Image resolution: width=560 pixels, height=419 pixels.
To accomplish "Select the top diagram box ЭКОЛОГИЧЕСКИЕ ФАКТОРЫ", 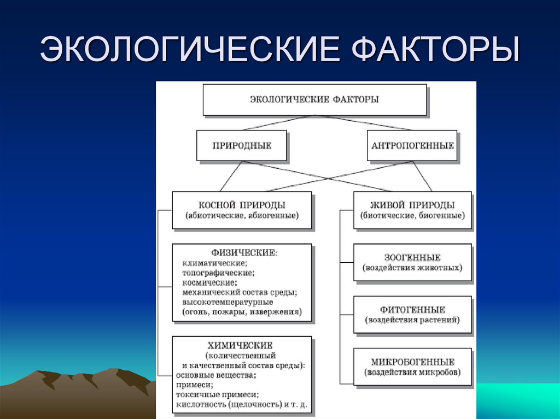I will click(x=314, y=100).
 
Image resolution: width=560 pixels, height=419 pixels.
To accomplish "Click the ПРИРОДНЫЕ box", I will click(x=241, y=146).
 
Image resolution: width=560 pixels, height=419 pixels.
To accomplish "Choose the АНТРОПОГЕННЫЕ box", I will click(x=412, y=146).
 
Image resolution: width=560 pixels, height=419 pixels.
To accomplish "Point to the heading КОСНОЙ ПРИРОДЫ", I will click(x=242, y=205).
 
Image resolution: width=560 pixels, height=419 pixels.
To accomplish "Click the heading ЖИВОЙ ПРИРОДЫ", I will click(x=412, y=205).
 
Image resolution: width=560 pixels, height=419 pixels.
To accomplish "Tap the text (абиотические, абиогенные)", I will click(x=242, y=216).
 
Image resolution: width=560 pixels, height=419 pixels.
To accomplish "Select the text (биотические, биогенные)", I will click(x=412, y=216).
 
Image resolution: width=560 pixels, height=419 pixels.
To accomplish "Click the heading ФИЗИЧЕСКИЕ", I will click(x=243, y=253).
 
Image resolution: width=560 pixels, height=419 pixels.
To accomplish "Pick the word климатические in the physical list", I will click(x=214, y=263).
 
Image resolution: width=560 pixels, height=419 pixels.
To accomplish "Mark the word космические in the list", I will click(x=210, y=282).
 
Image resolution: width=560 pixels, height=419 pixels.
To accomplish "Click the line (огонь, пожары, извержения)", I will click(x=241, y=312).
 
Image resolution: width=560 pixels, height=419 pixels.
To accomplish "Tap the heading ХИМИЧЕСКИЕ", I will click(x=241, y=345).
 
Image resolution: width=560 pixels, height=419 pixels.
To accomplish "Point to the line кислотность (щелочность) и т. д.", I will click(x=241, y=405).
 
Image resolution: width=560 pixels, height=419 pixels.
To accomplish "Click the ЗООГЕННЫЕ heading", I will click(x=412, y=257).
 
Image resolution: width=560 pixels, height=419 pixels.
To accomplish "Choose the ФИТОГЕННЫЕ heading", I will click(x=412, y=310).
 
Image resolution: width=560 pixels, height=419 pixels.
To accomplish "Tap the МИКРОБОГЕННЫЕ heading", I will click(x=412, y=362).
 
